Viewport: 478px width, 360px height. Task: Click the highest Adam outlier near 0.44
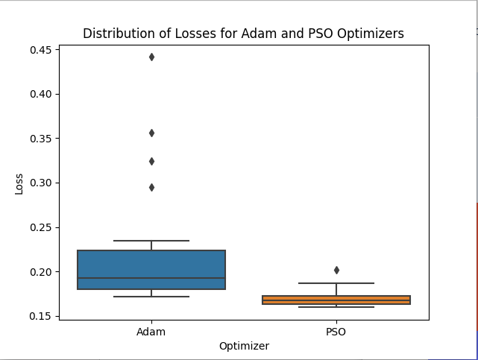151,57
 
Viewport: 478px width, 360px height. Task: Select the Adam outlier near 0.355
151,133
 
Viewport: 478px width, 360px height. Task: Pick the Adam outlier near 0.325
151,162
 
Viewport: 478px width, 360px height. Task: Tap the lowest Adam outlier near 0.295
151,188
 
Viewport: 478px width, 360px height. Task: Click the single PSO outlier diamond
336,270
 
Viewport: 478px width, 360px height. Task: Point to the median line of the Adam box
151,278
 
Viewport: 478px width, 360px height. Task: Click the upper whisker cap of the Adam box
151,241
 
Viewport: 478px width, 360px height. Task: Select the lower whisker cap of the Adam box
151,297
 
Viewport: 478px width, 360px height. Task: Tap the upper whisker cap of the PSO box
336,283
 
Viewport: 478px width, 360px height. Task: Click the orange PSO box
336,300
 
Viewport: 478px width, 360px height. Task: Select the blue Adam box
151,270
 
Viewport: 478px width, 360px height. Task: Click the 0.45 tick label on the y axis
40,50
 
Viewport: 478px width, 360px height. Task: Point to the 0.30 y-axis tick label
40,183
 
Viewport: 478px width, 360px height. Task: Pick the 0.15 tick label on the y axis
40,317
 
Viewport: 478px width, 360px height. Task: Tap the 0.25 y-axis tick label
40,227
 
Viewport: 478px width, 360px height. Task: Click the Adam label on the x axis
151,332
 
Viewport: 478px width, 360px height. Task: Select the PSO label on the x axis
336,332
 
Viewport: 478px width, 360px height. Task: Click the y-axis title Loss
19,184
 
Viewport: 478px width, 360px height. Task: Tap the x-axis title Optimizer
244,347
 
